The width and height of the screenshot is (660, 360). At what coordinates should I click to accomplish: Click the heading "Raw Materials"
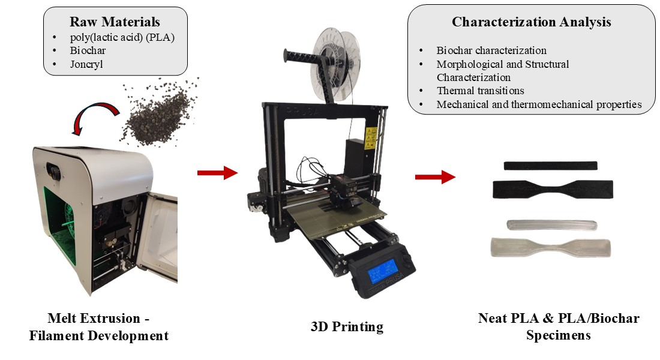(x=115, y=22)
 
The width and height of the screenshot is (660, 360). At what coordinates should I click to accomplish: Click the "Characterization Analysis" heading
(x=531, y=22)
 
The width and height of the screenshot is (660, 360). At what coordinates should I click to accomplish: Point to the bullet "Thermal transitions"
(x=480, y=91)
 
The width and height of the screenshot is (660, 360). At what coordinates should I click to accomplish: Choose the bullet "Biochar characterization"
(x=491, y=50)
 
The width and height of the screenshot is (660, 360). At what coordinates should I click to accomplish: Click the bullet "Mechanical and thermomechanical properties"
(x=539, y=104)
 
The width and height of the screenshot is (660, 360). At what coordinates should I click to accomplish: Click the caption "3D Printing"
(x=347, y=327)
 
